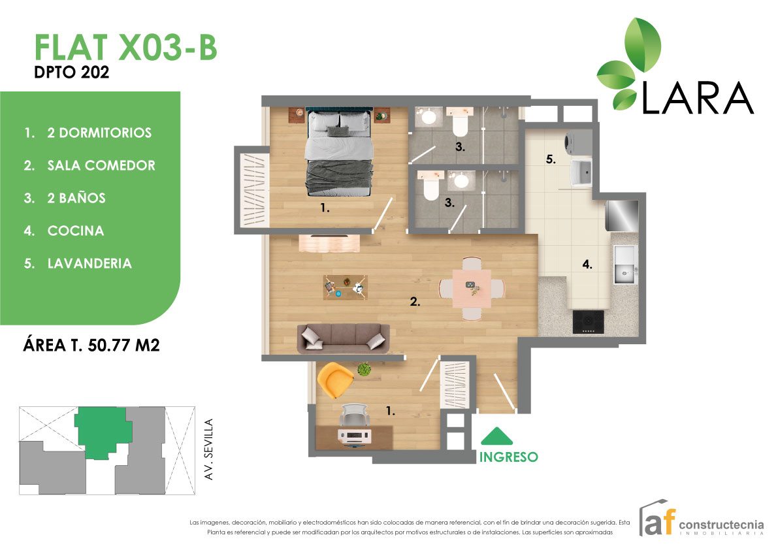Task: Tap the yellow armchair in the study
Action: click(334, 380)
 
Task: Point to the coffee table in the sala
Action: click(346, 287)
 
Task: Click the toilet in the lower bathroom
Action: click(431, 187)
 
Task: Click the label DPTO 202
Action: click(71, 73)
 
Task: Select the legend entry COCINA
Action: click(76, 231)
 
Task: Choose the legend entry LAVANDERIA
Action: click(89, 264)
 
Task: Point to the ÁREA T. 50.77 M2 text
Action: click(91, 346)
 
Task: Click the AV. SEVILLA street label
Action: click(209, 451)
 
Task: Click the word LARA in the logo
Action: click(698, 98)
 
